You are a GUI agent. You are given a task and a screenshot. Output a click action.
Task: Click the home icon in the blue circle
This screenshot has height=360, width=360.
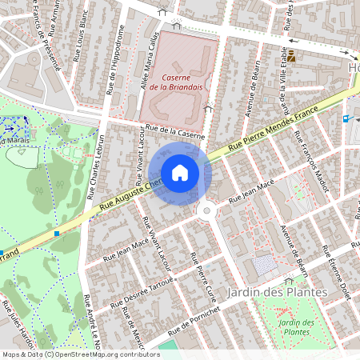[x=180, y=172]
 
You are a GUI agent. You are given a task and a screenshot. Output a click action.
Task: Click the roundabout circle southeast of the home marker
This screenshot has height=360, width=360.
[x=209, y=210]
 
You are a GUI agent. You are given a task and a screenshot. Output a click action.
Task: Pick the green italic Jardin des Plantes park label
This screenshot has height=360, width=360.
[x=298, y=326]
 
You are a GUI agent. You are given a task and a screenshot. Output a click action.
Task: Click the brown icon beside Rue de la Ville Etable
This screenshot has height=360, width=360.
[x=292, y=56]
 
